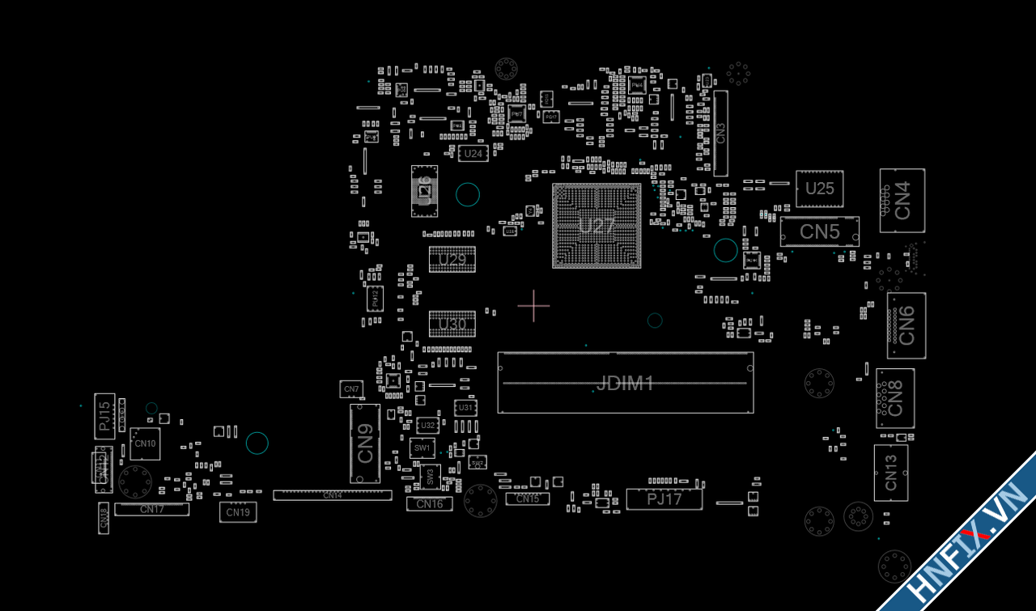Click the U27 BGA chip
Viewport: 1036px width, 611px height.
pos(597,226)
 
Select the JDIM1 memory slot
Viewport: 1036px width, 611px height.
pos(625,382)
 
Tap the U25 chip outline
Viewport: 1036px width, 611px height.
pos(819,189)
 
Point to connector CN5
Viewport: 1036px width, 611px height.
pos(819,231)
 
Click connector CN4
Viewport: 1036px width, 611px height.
pos(902,200)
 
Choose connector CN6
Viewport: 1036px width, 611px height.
pos(906,325)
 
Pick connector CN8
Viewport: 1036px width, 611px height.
pos(895,398)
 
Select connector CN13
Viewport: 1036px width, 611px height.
pos(890,473)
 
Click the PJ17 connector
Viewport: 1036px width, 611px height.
pos(664,499)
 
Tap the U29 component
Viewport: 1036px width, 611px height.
pos(452,259)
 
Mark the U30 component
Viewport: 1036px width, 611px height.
pos(452,325)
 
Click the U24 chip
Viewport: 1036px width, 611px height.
pos(473,153)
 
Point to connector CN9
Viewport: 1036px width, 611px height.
pos(365,444)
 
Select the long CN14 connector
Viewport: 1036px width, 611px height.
pos(332,495)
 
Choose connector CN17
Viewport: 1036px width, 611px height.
pos(151,509)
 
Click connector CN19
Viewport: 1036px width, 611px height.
pos(238,511)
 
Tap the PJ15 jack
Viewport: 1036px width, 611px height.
pos(105,415)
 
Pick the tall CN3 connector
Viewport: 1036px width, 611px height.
pos(720,133)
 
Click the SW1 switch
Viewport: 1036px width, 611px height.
pos(422,448)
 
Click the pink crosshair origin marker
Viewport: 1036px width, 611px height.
pos(533,305)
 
